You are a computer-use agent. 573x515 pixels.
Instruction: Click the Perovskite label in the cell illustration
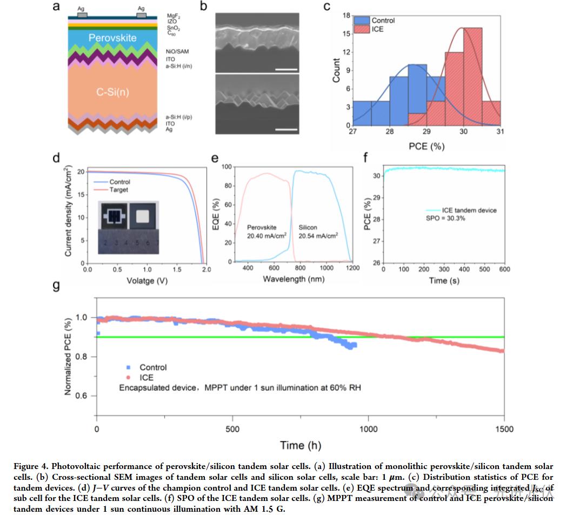[x=112, y=38]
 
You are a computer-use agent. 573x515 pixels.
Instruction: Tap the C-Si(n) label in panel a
[x=112, y=92]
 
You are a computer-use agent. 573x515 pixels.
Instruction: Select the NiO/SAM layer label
[x=177, y=51]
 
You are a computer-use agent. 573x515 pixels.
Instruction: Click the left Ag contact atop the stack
[x=82, y=15]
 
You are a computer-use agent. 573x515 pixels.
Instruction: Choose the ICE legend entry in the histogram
[x=377, y=29]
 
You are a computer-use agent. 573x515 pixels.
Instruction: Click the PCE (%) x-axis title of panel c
[x=427, y=146]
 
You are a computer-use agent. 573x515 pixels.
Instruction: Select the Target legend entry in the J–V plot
[x=119, y=190]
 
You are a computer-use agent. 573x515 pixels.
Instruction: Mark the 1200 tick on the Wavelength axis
[x=352, y=268]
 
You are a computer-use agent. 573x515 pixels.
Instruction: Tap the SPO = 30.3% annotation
[x=445, y=219]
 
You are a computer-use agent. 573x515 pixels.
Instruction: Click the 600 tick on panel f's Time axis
[x=504, y=269]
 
